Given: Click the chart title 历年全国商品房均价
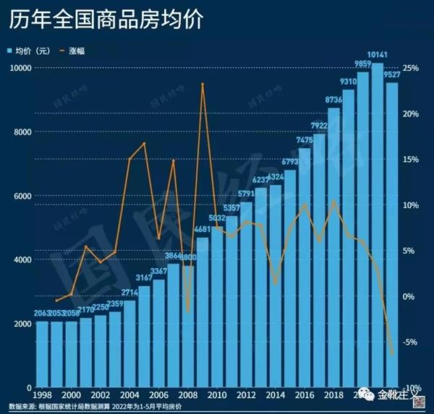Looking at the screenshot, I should click(106, 20).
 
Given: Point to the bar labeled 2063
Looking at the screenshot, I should click(43, 354).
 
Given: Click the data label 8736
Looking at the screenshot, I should click(333, 100).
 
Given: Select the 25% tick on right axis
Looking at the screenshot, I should click(412, 68).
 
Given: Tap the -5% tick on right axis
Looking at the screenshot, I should click(411, 342).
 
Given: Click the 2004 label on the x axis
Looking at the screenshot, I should click(129, 395).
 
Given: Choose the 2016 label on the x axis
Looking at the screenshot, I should click(305, 395).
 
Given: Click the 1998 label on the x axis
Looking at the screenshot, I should click(43, 395).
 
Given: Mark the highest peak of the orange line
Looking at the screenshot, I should click(203, 84).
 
